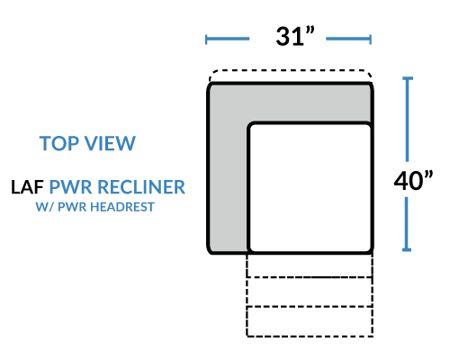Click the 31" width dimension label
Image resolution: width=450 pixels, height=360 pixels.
pyautogui.click(x=295, y=36)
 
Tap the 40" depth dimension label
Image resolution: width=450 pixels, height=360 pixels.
pyautogui.click(x=413, y=180)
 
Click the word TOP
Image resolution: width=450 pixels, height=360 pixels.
pyautogui.click(x=58, y=143)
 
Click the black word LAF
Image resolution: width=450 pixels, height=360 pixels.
pyautogui.click(x=27, y=187)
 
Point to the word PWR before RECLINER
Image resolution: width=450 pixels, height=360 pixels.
pyautogui.click(x=70, y=187)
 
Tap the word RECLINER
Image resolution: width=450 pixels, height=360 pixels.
pyautogui.click(x=141, y=187)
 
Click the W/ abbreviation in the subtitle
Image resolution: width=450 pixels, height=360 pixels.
pyautogui.click(x=45, y=207)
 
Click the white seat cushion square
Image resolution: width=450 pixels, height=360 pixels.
pyautogui.click(x=310, y=188)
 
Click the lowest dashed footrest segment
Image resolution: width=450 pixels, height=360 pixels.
pyautogui.click(x=310, y=321)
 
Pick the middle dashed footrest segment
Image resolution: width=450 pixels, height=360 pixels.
pyautogui.click(x=310, y=292)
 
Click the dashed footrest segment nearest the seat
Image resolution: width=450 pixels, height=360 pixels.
pyautogui.click(x=310, y=265)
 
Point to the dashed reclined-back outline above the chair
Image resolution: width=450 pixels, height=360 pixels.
pyautogui.click(x=291, y=71)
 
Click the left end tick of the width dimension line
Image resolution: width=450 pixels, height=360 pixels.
pyautogui.click(x=206, y=40)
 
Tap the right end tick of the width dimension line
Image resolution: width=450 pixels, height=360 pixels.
pyautogui.click(x=371, y=40)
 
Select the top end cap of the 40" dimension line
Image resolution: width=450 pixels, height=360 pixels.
pyautogui.click(x=408, y=78)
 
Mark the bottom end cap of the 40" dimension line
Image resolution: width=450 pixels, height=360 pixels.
pyautogui.click(x=407, y=249)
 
